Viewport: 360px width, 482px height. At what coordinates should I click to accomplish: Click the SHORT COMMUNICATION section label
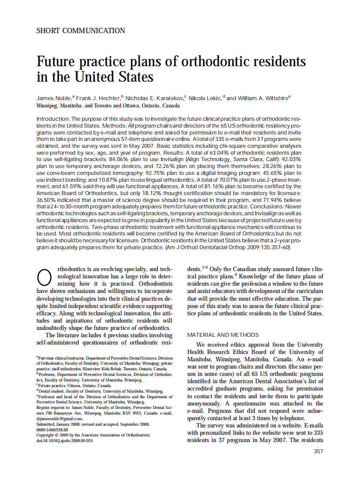81,31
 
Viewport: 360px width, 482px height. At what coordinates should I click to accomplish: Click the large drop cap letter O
45,277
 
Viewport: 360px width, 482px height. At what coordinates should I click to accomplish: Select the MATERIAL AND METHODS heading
223,335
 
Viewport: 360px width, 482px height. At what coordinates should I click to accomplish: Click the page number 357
318,451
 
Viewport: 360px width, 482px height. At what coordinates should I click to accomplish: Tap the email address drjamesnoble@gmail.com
60,418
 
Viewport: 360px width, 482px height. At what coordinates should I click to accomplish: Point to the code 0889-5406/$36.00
52,430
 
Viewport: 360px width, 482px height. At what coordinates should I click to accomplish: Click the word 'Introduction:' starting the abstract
53,118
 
